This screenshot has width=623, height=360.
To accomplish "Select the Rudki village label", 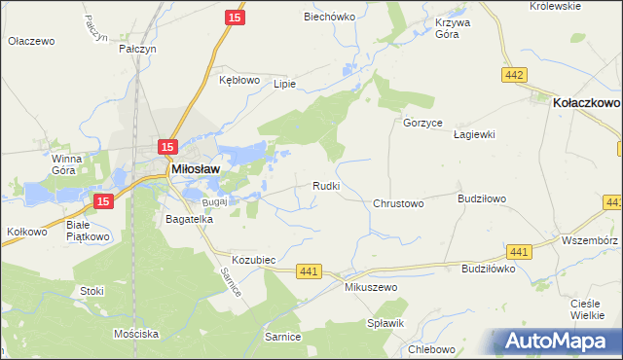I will point(325,185).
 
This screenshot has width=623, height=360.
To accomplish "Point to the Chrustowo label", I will point(398,204).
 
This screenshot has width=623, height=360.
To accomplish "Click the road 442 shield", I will point(516,75).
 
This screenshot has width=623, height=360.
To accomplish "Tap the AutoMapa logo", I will point(558,342).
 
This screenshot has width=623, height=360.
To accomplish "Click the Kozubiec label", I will point(255,261).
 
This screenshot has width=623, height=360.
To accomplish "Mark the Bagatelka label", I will point(190,220).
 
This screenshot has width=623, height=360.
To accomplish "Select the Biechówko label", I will point(326,17).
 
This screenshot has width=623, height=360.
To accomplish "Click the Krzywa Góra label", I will point(447,27).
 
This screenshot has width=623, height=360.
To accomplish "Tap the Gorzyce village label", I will point(423,124).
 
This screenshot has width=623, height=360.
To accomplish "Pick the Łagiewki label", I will point(476,135).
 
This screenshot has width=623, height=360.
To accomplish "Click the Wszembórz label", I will point(590,239).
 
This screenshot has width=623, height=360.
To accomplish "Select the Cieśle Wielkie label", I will point(588,309).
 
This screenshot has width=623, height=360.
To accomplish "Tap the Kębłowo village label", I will point(239,79).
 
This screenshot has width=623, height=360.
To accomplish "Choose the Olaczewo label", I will point(31,42).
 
